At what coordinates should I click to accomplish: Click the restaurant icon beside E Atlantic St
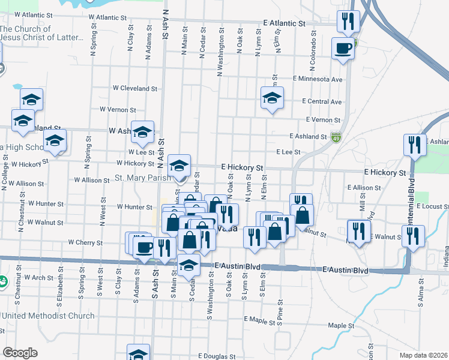pos(348,22)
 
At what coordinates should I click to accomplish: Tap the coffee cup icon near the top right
pos(344,48)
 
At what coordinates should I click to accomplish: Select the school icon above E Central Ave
pos(272,97)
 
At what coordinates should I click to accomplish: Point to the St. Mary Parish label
pos(142,178)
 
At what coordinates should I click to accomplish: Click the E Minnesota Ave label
pos(318,79)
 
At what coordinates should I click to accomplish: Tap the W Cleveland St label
pos(135,88)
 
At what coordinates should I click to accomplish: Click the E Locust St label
pos(427,206)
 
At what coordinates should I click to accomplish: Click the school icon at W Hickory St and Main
pos(179,166)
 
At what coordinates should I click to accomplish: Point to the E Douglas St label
pos(208,356)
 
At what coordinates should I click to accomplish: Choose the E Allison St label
pos(367,188)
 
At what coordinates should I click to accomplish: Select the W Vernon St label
pos(118,110)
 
